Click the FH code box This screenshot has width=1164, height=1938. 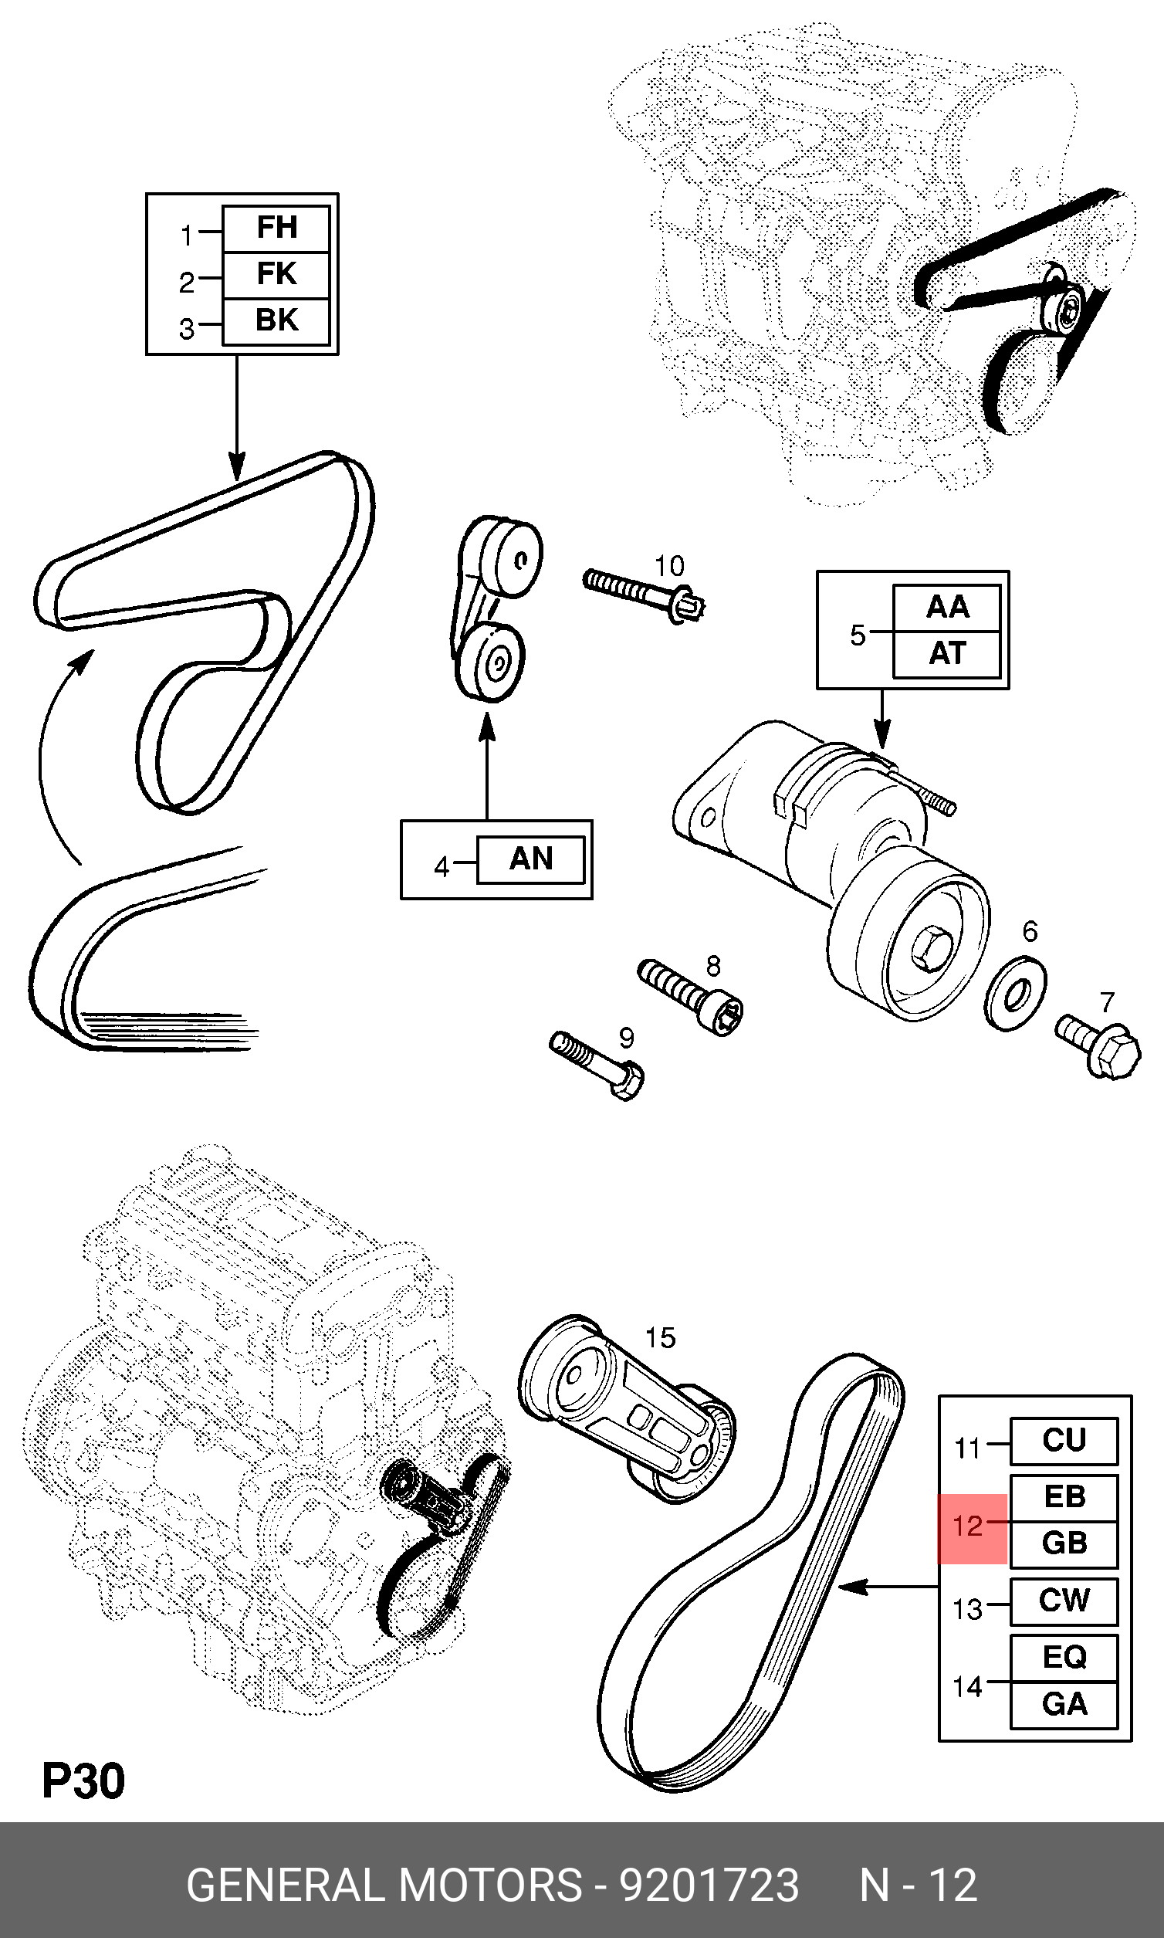(x=276, y=229)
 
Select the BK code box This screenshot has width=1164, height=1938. (x=276, y=321)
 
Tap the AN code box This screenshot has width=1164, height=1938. (x=531, y=859)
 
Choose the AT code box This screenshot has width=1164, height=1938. (x=947, y=653)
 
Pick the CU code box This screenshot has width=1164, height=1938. (x=1064, y=1441)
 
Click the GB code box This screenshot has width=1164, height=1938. (x=1064, y=1543)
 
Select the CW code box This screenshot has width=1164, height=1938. (x=1064, y=1601)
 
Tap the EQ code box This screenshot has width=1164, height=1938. (x=1064, y=1657)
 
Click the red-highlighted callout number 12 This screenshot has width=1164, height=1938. (x=969, y=1526)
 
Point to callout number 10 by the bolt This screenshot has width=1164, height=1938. (x=669, y=566)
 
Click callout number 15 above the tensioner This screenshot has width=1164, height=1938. (x=661, y=1337)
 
